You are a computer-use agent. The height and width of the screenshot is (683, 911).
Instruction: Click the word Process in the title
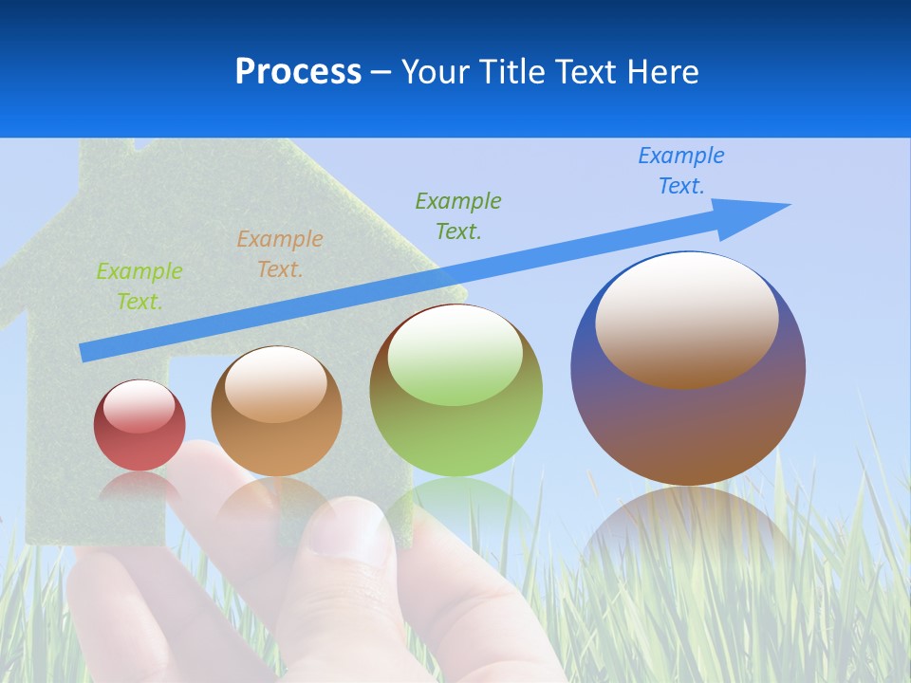pyautogui.click(x=298, y=71)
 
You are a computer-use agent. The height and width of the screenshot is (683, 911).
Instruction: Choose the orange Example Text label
pyautogui.click(x=280, y=254)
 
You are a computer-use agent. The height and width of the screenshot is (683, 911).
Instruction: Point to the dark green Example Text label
pyautogui.click(x=458, y=216)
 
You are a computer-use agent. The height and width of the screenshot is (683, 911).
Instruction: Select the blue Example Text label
pyautogui.click(x=681, y=171)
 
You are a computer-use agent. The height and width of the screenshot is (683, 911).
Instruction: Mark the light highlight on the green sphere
pyautogui.click(x=455, y=356)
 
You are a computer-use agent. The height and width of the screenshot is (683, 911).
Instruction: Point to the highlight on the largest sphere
pyautogui.click(x=687, y=320)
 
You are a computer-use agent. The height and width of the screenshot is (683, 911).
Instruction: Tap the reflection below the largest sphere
pyautogui.click(x=688, y=531)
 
